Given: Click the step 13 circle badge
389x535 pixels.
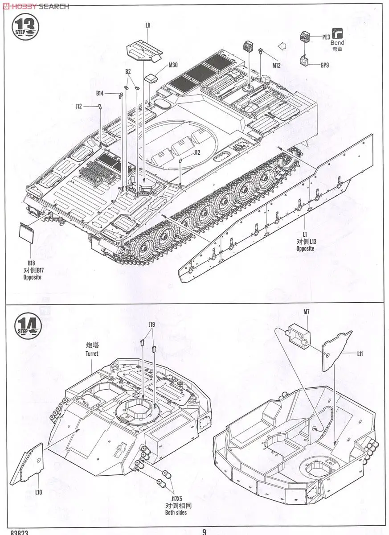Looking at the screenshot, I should pyautogui.click(x=25, y=27).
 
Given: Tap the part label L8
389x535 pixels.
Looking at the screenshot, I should pyautogui.click(x=147, y=25).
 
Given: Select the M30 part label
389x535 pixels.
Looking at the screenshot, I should pyautogui.click(x=173, y=65).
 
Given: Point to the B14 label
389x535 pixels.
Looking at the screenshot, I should pyautogui.click(x=100, y=93).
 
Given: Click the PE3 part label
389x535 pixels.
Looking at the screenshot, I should pyautogui.click(x=326, y=37).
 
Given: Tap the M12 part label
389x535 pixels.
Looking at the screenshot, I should pyautogui.click(x=277, y=66).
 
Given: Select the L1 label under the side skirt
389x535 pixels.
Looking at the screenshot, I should pyautogui.click(x=305, y=235).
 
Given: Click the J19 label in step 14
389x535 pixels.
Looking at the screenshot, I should pyautogui.click(x=152, y=325).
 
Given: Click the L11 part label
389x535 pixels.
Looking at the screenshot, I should pyautogui.click(x=360, y=354).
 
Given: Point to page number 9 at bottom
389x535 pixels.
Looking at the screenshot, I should pyautogui.click(x=204, y=531).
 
